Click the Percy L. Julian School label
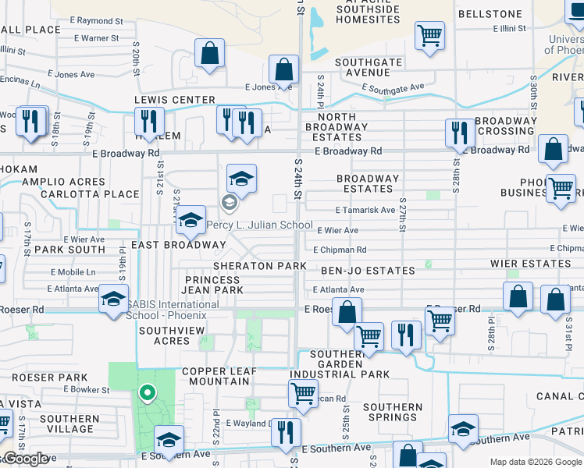pyautogui.click(x=260, y=225)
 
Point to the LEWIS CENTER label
pyautogui.click(x=174, y=100)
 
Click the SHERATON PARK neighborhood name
pyautogui.click(x=260, y=266)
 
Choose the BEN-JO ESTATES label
pyautogui.click(x=368, y=271)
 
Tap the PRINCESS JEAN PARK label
pyautogui.click(x=214, y=285)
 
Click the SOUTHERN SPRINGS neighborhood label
pyautogui.click(x=393, y=412)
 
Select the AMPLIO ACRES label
pyautogui.click(x=53, y=182)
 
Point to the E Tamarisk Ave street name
pyautogui.click(x=365, y=210)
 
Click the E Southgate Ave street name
pyautogui.click(x=393, y=89)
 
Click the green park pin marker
pyautogui.click(x=146, y=393)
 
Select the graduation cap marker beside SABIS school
pyautogui.click(x=113, y=300)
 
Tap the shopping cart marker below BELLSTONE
pyautogui.click(x=429, y=35)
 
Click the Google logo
pyautogui.click(x=26, y=459)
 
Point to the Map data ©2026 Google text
pyautogui.click(x=535, y=462)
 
